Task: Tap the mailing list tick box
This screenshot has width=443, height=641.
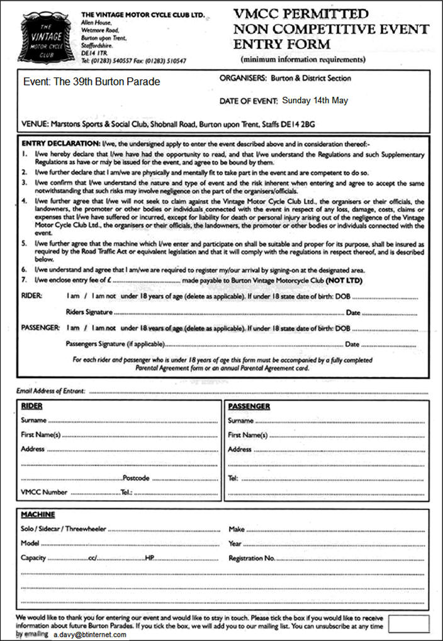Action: tap(409, 623)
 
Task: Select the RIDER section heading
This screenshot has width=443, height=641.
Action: tap(32, 406)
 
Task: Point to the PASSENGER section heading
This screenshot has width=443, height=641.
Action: tap(249, 406)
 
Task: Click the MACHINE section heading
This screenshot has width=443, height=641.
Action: tap(38, 514)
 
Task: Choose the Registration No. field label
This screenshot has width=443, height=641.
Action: tap(252, 558)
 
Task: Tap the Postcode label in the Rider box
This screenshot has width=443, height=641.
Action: tap(136, 478)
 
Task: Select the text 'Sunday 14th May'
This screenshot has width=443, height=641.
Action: tap(315, 100)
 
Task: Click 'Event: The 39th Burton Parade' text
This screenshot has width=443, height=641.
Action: tap(91, 82)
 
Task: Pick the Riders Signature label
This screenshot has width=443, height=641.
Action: tap(89, 312)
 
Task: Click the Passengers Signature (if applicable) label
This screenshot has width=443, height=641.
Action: tap(115, 344)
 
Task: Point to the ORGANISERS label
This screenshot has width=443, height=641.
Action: tap(243, 79)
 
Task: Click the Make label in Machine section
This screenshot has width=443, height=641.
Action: tap(236, 529)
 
